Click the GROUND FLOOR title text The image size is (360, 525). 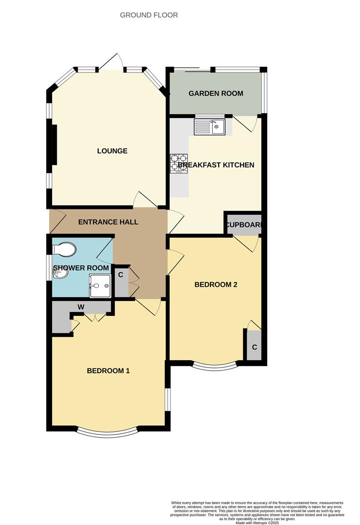click(149, 15)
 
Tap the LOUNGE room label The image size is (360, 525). click(112, 151)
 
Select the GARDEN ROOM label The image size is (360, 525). click(216, 93)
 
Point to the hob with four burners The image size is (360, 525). click(179, 163)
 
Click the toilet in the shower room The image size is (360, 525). click(65, 249)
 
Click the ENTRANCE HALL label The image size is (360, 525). click(108, 222)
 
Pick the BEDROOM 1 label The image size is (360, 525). click(108, 371)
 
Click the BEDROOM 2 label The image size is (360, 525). click(216, 285)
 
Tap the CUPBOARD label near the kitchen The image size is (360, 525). click(243, 225)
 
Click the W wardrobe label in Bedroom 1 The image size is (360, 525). click(81, 307)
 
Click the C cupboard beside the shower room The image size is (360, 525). click(120, 275)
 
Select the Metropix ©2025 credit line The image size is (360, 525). click(257, 523)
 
